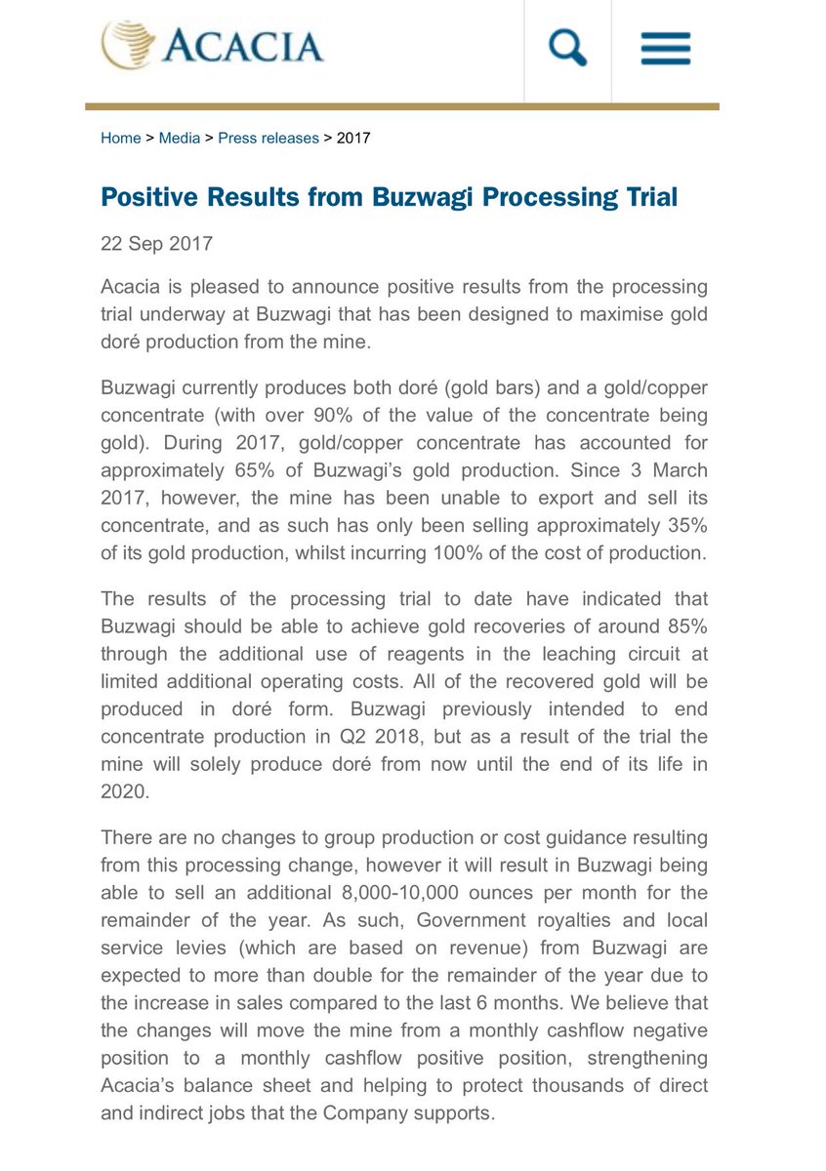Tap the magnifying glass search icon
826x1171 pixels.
point(567,48)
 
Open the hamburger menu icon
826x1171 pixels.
point(665,48)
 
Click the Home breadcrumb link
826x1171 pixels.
point(120,139)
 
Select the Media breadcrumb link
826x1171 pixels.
point(180,139)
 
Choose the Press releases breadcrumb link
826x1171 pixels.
point(268,139)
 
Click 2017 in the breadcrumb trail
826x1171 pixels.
point(353,139)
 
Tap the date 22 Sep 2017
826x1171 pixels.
point(156,243)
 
